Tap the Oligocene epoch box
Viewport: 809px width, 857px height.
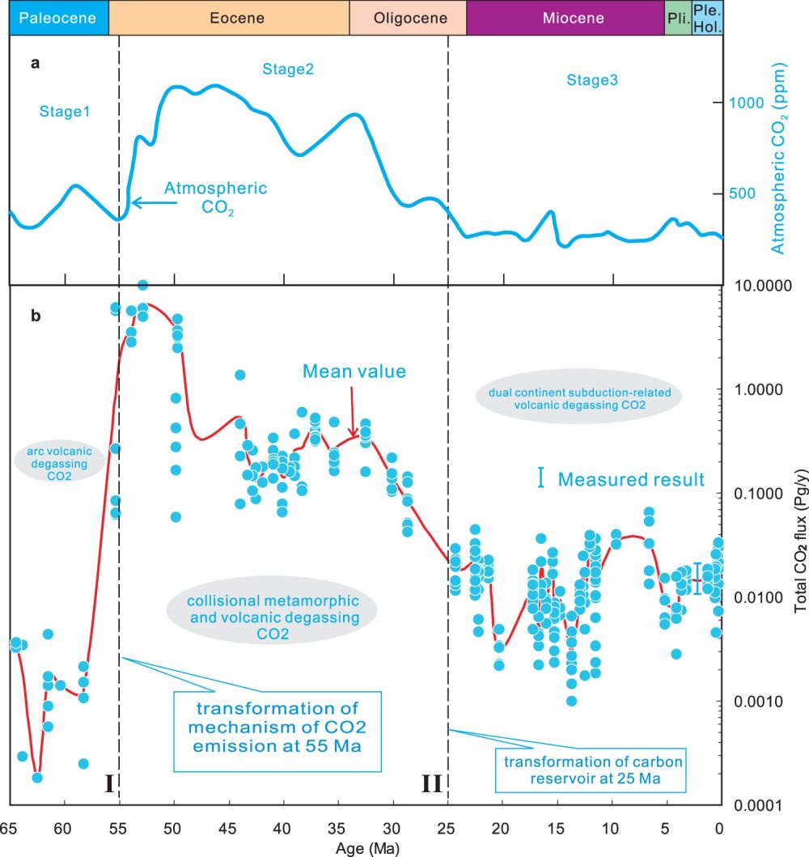click(408, 18)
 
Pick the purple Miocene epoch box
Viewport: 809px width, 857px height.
click(565, 18)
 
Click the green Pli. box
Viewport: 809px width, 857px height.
click(677, 18)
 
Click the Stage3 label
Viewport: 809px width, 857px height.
click(592, 79)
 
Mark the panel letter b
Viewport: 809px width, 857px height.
click(35, 316)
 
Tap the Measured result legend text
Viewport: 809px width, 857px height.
click(631, 480)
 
